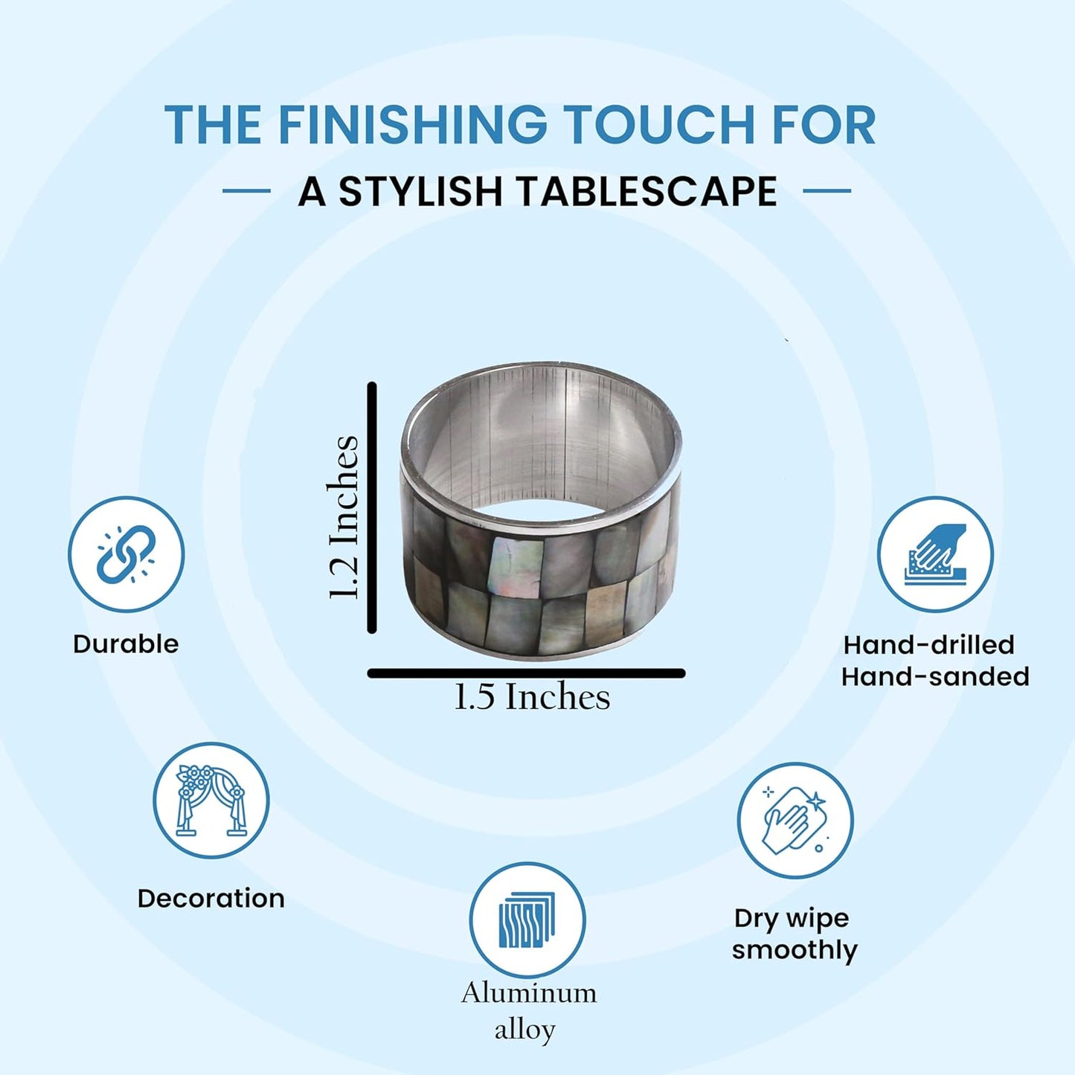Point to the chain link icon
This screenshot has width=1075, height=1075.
pyautogui.click(x=126, y=554)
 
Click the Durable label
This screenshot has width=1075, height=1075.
pyautogui.click(x=126, y=644)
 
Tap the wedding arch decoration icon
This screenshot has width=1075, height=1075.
pyautogui.click(x=211, y=800)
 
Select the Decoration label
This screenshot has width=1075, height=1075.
pyautogui.click(x=211, y=899)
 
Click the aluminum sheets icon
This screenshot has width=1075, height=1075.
pyautogui.click(x=527, y=920)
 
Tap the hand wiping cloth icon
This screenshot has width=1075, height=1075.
pyautogui.click(x=795, y=822)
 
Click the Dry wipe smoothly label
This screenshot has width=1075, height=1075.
pyautogui.click(x=795, y=934)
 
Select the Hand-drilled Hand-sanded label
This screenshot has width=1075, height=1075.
pyautogui.click(x=935, y=661)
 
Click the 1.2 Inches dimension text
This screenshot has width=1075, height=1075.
pyautogui.click(x=342, y=517)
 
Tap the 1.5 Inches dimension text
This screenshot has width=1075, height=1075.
pyautogui.click(x=532, y=697)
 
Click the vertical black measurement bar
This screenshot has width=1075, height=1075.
pyautogui.click(x=372, y=507)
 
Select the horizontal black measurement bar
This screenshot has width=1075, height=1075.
pyautogui.click(x=526, y=673)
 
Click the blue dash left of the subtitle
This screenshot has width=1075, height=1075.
pyautogui.click(x=246, y=190)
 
